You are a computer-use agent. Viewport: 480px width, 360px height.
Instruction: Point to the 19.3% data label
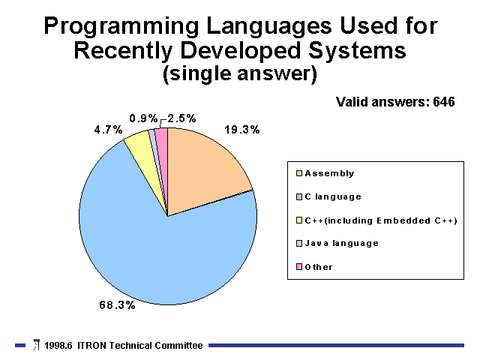tap(241, 130)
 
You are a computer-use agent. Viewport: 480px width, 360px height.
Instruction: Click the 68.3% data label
tap(117, 305)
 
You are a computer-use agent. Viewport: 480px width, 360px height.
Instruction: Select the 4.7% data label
tap(108, 130)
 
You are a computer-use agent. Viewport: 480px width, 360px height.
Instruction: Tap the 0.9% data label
tap(143, 118)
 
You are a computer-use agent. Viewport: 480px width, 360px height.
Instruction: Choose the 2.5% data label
tap(181, 118)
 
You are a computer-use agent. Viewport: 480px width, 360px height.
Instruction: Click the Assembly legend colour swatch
tap(299, 173)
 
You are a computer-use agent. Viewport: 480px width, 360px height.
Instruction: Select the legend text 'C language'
tap(333, 196)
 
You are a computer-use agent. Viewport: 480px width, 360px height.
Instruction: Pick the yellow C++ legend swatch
tap(299, 220)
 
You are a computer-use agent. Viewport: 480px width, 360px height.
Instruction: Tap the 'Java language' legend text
tap(342, 243)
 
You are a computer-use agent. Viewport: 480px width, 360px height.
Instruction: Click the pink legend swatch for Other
tap(299, 267)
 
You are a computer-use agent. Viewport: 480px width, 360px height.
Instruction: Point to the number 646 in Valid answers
tap(444, 102)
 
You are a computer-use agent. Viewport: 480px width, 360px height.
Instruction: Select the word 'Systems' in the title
tap(357, 52)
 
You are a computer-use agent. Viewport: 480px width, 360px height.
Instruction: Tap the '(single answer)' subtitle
tap(240, 74)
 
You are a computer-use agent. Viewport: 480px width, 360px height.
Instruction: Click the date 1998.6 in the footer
tap(58, 346)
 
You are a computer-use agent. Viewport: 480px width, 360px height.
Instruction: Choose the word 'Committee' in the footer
tap(178, 346)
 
